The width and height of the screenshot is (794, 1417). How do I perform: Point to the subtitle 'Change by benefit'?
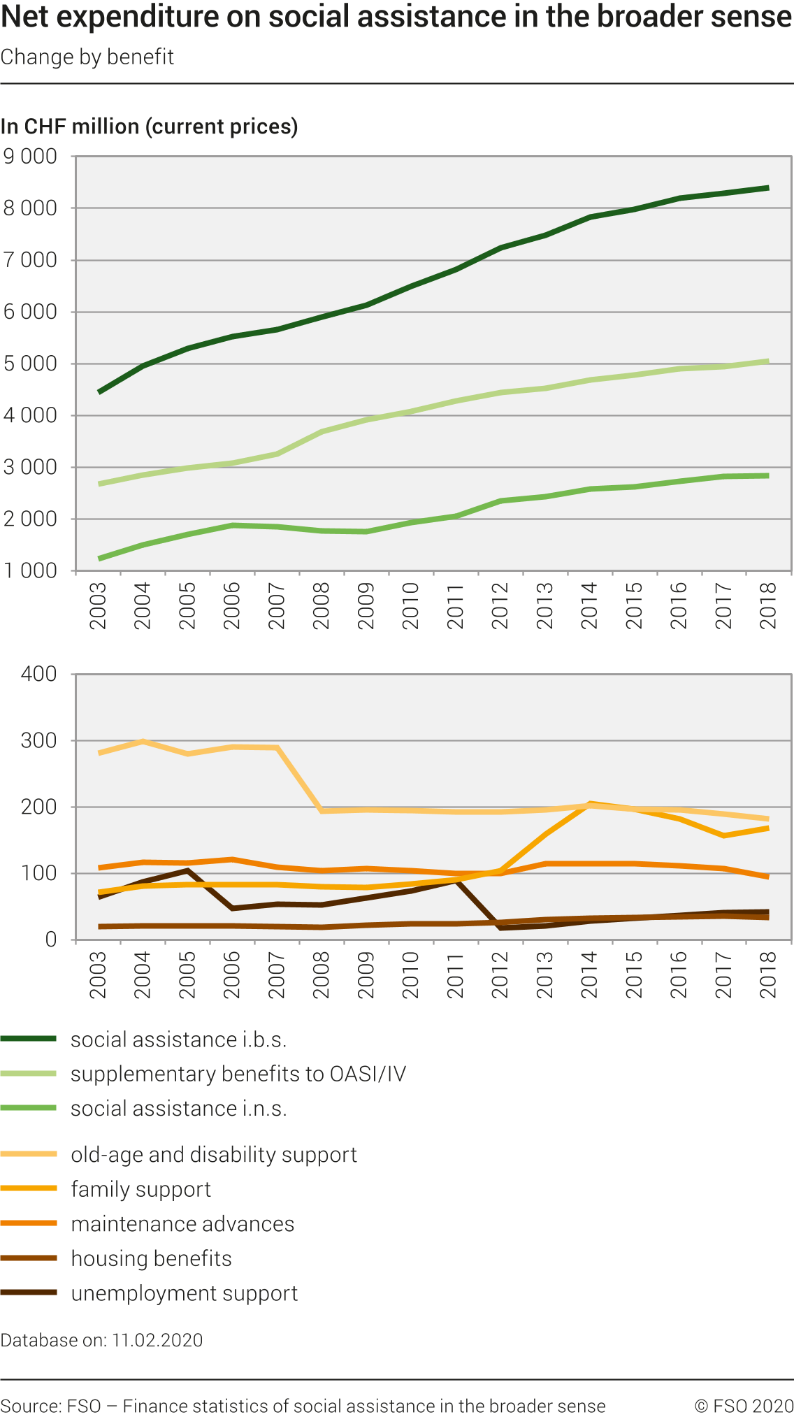(x=87, y=57)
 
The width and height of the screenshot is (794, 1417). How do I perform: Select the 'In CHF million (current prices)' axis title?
(x=149, y=127)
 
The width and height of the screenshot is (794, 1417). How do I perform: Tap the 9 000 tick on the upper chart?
(x=31, y=157)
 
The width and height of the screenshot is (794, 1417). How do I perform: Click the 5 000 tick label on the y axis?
(x=31, y=364)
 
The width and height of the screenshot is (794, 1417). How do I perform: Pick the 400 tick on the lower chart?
(x=39, y=674)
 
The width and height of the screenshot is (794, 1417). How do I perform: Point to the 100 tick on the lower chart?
(x=39, y=873)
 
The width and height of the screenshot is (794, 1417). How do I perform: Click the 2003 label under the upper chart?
(x=99, y=606)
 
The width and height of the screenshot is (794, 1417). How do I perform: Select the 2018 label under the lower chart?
(x=768, y=974)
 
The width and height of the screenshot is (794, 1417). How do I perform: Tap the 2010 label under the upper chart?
(x=411, y=606)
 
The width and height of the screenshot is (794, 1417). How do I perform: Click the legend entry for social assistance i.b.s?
(x=178, y=1040)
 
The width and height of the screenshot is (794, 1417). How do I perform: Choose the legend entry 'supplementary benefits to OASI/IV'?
(x=238, y=1074)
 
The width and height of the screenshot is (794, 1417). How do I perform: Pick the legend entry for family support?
(x=140, y=1190)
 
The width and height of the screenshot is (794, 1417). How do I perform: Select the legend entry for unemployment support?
(x=184, y=1294)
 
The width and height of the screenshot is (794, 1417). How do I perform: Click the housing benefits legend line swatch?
(x=29, y=1259)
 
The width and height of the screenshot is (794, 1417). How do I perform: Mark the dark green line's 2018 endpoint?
(x=768, y=188)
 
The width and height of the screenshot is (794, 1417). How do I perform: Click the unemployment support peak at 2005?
(x=187, y=870)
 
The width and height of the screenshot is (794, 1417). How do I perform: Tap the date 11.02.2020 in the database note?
(x=157, y=1341)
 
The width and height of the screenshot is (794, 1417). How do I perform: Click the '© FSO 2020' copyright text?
(x=744, y=1407)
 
